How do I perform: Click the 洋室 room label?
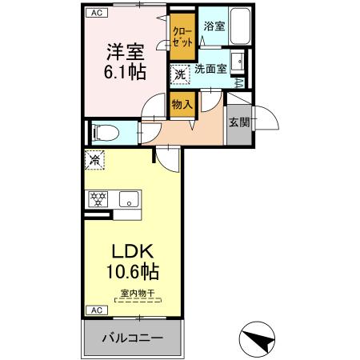click(125, 50)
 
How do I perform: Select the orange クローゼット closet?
click(181, 37)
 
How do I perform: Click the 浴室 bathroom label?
click(214, 26)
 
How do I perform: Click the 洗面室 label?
click(210, 69)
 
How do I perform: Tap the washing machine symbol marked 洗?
click(181, 73)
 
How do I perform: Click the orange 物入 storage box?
click(182, 103)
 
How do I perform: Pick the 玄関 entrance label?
click(238, 122)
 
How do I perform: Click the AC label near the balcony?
click(94, 310)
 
